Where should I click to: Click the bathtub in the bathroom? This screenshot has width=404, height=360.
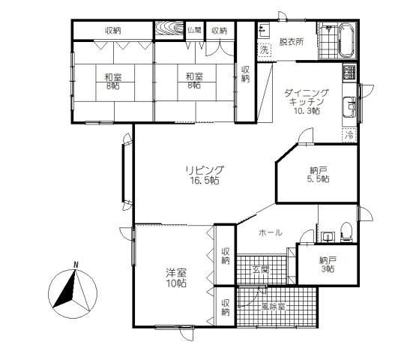346,40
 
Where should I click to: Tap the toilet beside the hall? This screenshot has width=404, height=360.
346,232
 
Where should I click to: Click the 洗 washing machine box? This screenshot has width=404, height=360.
264,50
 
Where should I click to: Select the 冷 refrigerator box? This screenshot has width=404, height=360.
349,135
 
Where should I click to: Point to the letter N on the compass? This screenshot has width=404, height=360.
76,265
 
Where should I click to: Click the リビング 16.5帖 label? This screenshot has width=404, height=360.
205,175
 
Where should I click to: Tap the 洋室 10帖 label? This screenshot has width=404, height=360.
176,277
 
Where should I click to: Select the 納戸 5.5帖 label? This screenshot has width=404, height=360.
319,175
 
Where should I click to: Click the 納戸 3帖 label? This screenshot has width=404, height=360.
328,265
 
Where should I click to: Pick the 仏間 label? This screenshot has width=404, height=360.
194,31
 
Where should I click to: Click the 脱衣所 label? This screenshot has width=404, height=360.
292,42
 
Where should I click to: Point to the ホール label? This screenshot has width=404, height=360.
271,232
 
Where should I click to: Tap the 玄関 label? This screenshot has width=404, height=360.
261,270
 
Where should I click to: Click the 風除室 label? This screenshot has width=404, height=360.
273,307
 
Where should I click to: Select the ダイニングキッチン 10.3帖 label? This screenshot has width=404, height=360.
307,101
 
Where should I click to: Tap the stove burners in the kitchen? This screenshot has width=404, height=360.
349,72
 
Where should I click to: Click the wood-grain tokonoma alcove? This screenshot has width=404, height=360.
169,28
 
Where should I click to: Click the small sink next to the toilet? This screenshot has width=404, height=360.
328,237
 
